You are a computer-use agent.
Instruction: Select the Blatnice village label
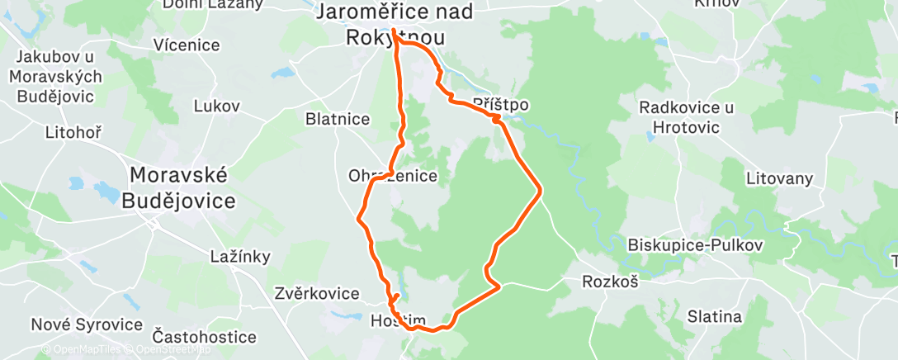(x=338, y=119)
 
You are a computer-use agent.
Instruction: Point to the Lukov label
(x=216, y=106)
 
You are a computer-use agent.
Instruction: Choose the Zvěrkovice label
(x=317, y=293)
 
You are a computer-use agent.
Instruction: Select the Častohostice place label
(x=205, y=337)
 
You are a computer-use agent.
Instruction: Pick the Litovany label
(x=779, y=178)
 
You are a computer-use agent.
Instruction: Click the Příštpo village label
(x=500, y=105)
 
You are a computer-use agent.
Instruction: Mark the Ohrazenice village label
(x=393, y=176)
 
